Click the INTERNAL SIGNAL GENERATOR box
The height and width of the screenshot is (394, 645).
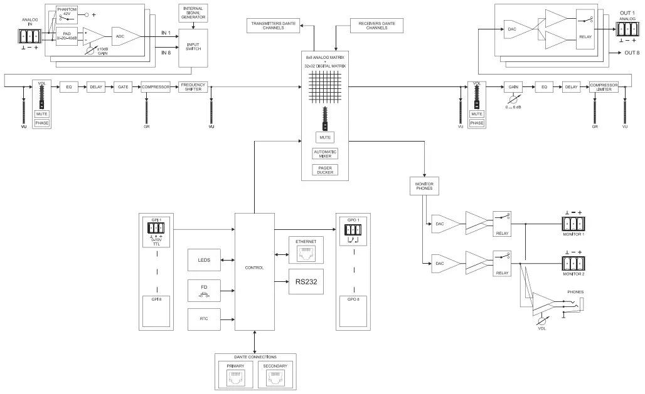click(x=193, y=12)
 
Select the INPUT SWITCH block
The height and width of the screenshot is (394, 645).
click(x=193, y=48)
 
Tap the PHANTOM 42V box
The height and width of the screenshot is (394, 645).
click(x=67, y=12)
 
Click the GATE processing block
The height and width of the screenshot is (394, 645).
click(x=123, y=88)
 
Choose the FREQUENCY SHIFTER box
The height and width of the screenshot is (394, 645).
click(x=193, y=88)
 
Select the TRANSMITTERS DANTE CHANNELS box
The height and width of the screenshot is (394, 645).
click(x=274, y=26)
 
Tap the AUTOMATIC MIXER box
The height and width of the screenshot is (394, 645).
click(x=325, y=153)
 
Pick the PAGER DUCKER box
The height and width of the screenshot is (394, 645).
click(x=325, y=170)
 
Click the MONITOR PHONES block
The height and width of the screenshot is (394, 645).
click(x=425, y=186)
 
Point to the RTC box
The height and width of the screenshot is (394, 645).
click(x=204, y=319)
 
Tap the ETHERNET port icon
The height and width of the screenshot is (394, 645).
click(x=306, y=252)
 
